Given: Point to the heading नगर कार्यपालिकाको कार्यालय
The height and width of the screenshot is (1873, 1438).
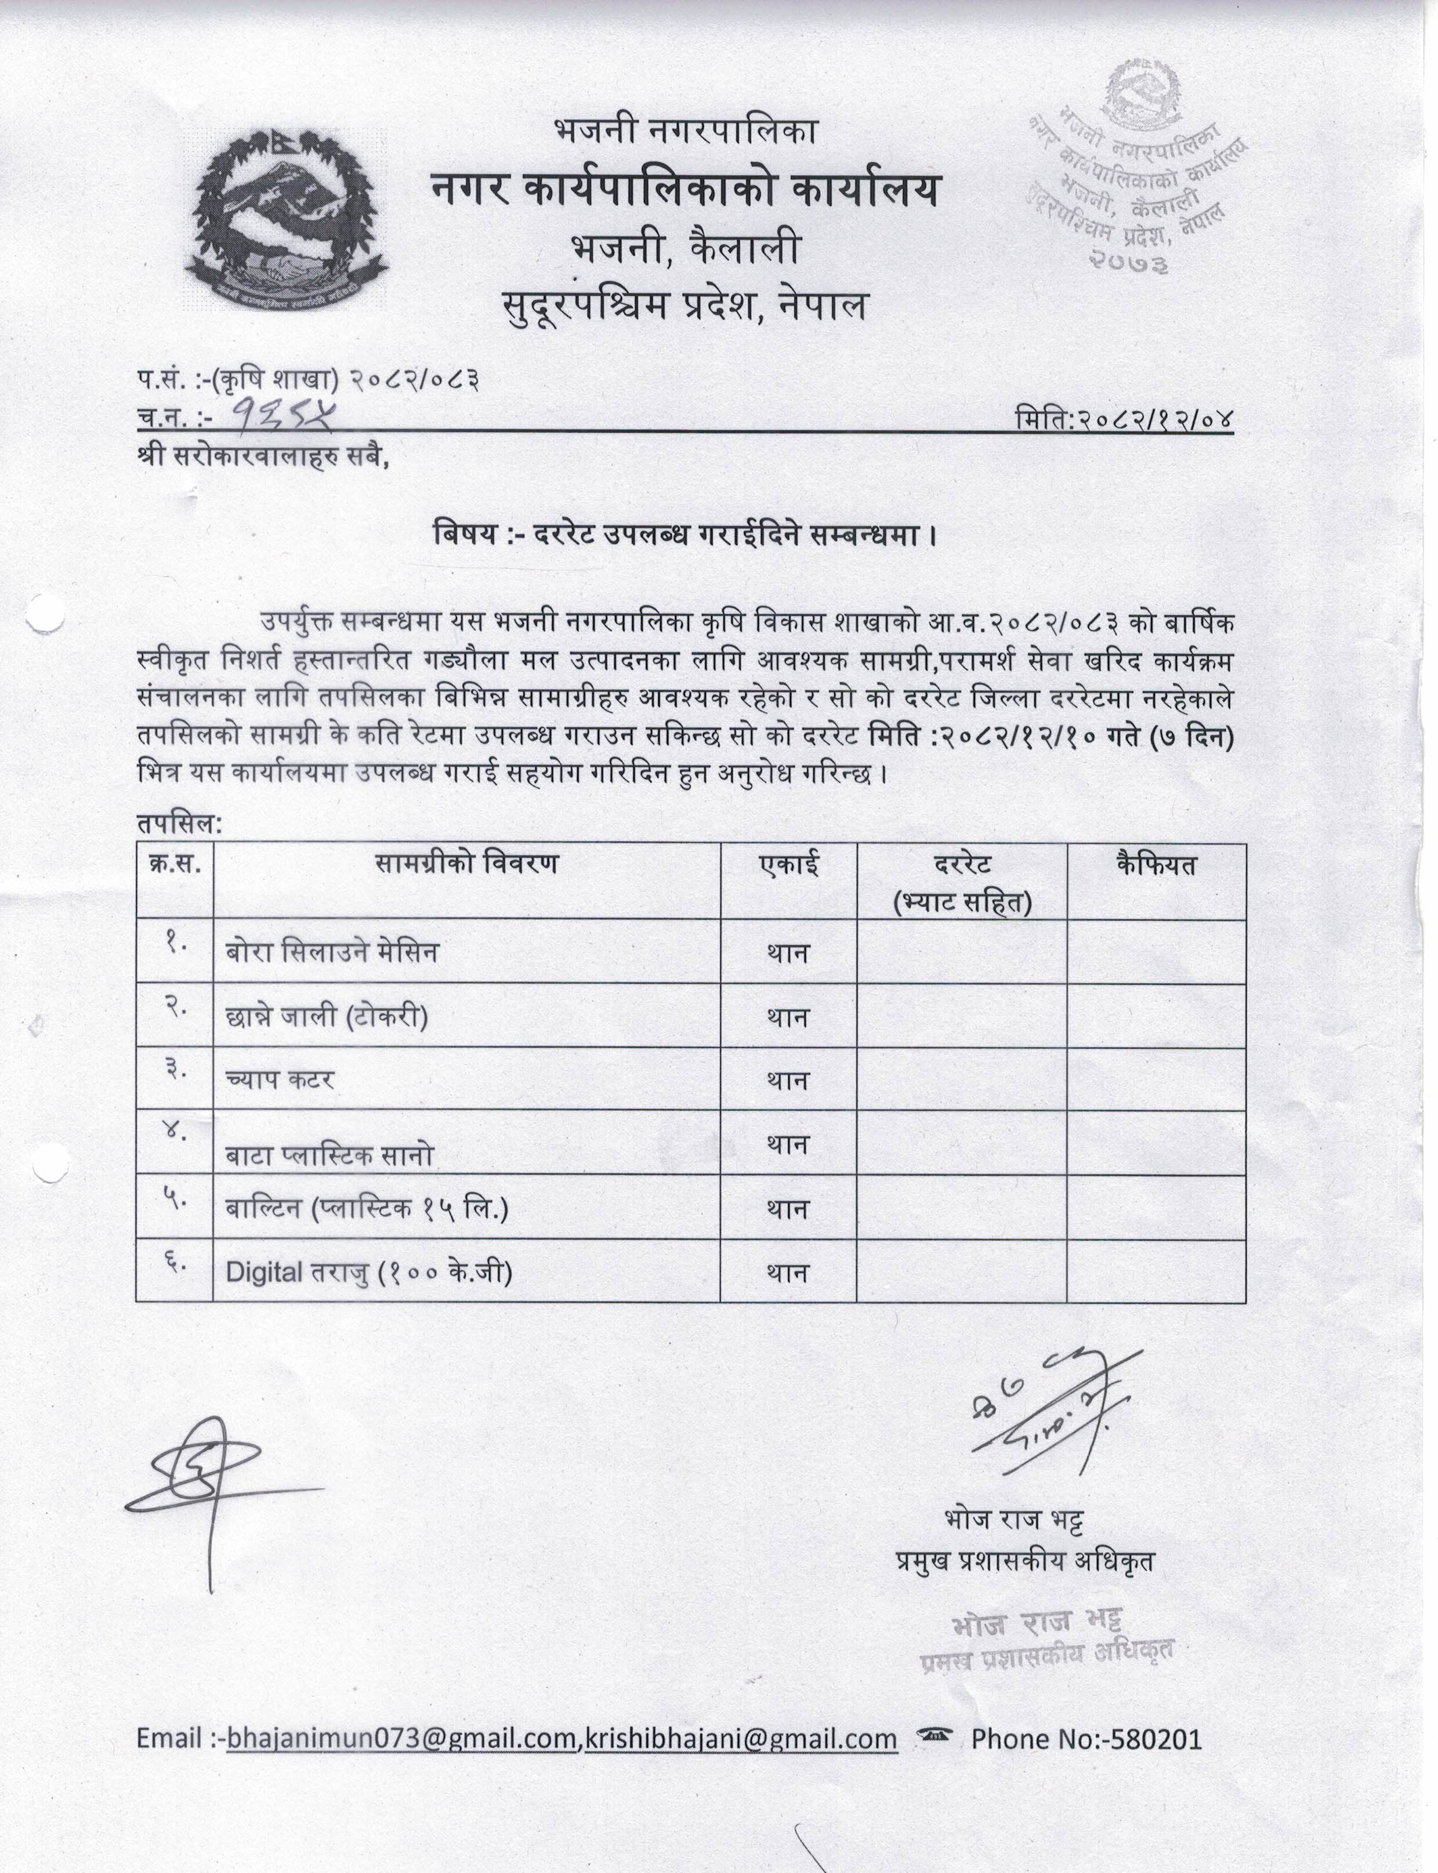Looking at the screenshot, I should click(x=684, y=190).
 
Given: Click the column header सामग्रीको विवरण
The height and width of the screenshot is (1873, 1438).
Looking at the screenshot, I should click(x=466, y=863).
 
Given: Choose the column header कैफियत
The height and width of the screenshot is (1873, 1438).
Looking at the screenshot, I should click(x=1156, y=863).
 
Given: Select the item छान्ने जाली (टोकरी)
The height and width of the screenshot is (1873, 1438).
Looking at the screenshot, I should click(x=327, y=1016).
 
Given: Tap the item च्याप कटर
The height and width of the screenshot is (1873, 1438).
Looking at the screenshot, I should click(x=280, y=1079).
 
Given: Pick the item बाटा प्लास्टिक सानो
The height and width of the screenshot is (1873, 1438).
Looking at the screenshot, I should click(x=329, y=1155).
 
